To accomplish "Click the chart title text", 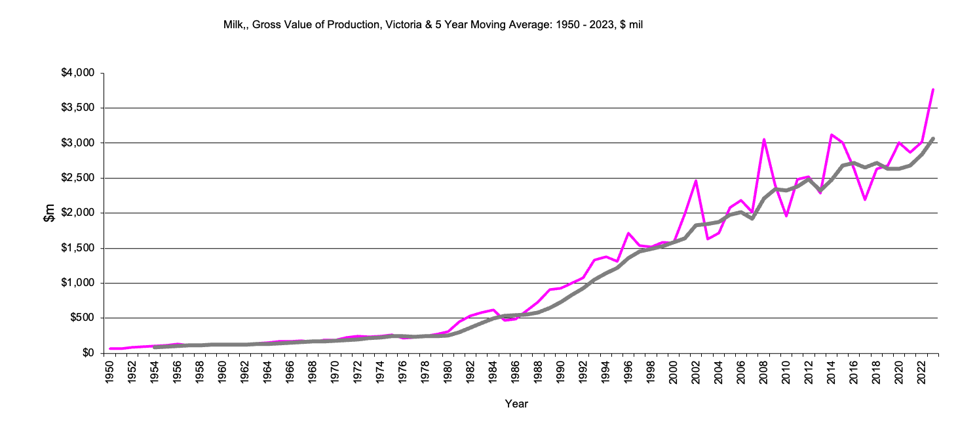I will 436,25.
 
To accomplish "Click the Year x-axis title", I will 516,404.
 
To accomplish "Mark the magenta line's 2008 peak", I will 763,139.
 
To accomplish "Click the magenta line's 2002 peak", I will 696,180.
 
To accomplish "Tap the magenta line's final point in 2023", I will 932,89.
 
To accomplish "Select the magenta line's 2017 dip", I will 865,199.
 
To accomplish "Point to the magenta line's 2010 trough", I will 786,216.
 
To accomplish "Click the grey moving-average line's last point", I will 932,138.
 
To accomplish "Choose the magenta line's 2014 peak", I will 831,135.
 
